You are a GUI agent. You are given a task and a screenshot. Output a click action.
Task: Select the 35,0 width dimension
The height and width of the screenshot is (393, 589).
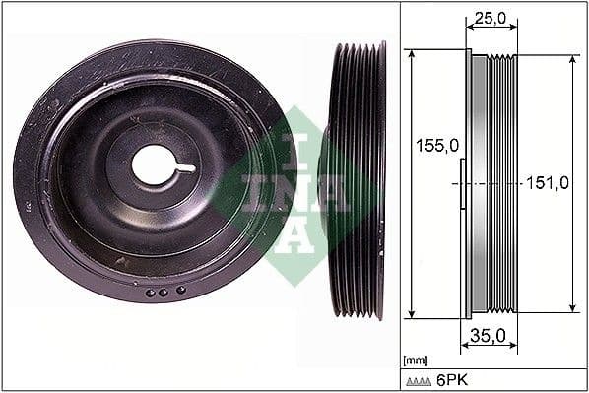488,335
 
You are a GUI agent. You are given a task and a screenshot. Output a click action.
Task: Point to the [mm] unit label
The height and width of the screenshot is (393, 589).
415,360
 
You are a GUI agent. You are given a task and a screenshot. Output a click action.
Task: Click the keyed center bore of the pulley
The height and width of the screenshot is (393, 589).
156,165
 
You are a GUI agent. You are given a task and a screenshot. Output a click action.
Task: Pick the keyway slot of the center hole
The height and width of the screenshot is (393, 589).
184,168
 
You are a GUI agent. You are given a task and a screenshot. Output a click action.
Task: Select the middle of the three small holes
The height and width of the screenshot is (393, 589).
165,293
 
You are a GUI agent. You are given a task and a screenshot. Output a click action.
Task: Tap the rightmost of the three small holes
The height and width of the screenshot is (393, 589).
181,291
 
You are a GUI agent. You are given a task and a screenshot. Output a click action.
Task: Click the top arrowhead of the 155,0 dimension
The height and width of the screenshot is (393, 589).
410,53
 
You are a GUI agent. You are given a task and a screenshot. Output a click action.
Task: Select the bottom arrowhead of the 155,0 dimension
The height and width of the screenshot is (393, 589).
410,313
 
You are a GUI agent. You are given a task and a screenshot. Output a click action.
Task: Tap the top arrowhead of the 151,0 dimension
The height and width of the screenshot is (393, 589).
573,59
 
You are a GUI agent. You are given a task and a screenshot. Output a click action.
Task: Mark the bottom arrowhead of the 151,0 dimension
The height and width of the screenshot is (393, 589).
573,307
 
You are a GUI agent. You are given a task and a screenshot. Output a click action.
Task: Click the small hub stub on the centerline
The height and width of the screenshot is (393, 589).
463,183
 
